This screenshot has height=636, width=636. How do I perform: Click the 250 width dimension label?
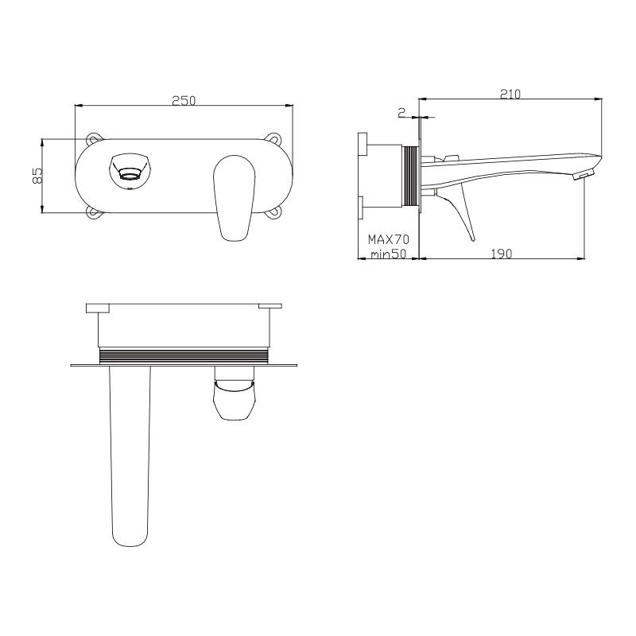[184, 100]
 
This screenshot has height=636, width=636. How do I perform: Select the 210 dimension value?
[510, 94]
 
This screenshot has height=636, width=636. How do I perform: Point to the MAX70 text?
[387, 238]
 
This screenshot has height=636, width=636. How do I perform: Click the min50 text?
[388, 254]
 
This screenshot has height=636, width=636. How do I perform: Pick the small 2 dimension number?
[401, 112]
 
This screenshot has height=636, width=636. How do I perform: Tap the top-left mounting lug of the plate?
[95, 138]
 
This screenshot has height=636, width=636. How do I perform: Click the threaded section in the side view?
[412, 176]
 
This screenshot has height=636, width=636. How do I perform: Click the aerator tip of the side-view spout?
[586, 173]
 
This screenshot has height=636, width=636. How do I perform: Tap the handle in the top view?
[235, 397]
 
